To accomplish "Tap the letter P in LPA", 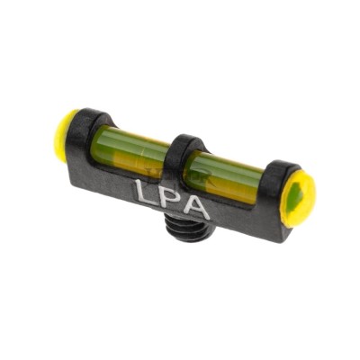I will (x=171, y=201).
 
